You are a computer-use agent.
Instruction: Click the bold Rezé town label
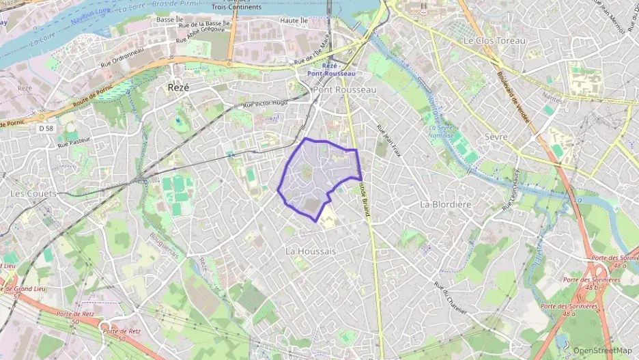[178, 88]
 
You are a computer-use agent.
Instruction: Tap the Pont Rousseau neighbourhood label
[344, 90]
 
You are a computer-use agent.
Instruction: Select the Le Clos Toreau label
[495, 41]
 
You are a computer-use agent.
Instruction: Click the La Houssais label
[311, 251]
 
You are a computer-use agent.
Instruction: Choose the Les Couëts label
[33, 194]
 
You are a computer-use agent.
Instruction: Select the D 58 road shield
[46, 128]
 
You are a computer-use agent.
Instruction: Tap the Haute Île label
[295, 21]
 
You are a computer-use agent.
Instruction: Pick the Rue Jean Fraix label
[389, 141]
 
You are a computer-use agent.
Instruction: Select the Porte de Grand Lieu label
[18, 292]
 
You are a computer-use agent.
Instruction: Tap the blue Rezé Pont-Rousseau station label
[332, 69]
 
